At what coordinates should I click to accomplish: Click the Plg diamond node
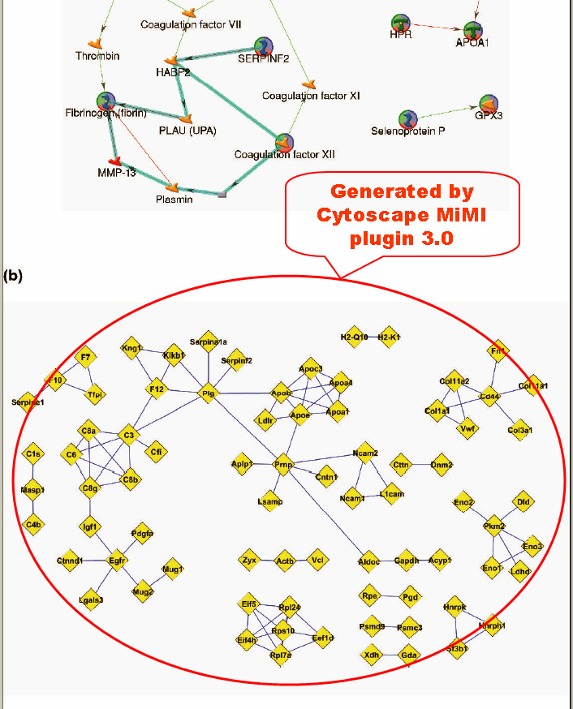click(x=207, y=394)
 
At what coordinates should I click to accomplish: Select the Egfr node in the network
click(x=118, y=559)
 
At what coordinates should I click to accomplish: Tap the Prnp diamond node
click(x=282, y=465)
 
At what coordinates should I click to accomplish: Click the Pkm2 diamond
click(x=494, y=526)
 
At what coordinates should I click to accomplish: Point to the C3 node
click(x=127, y=436)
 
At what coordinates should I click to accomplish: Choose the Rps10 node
click(x=282, y=632)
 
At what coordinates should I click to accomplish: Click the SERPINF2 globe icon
click(x=265, y=46)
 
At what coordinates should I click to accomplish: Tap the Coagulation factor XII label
click(x=284, y=154)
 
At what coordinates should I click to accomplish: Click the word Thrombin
click(x=97, y=56)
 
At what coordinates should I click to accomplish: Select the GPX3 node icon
click(x=489, y=103)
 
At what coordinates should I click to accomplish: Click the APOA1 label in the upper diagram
click(x=472, y=42)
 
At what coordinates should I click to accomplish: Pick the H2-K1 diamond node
click(x=390, y=337)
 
